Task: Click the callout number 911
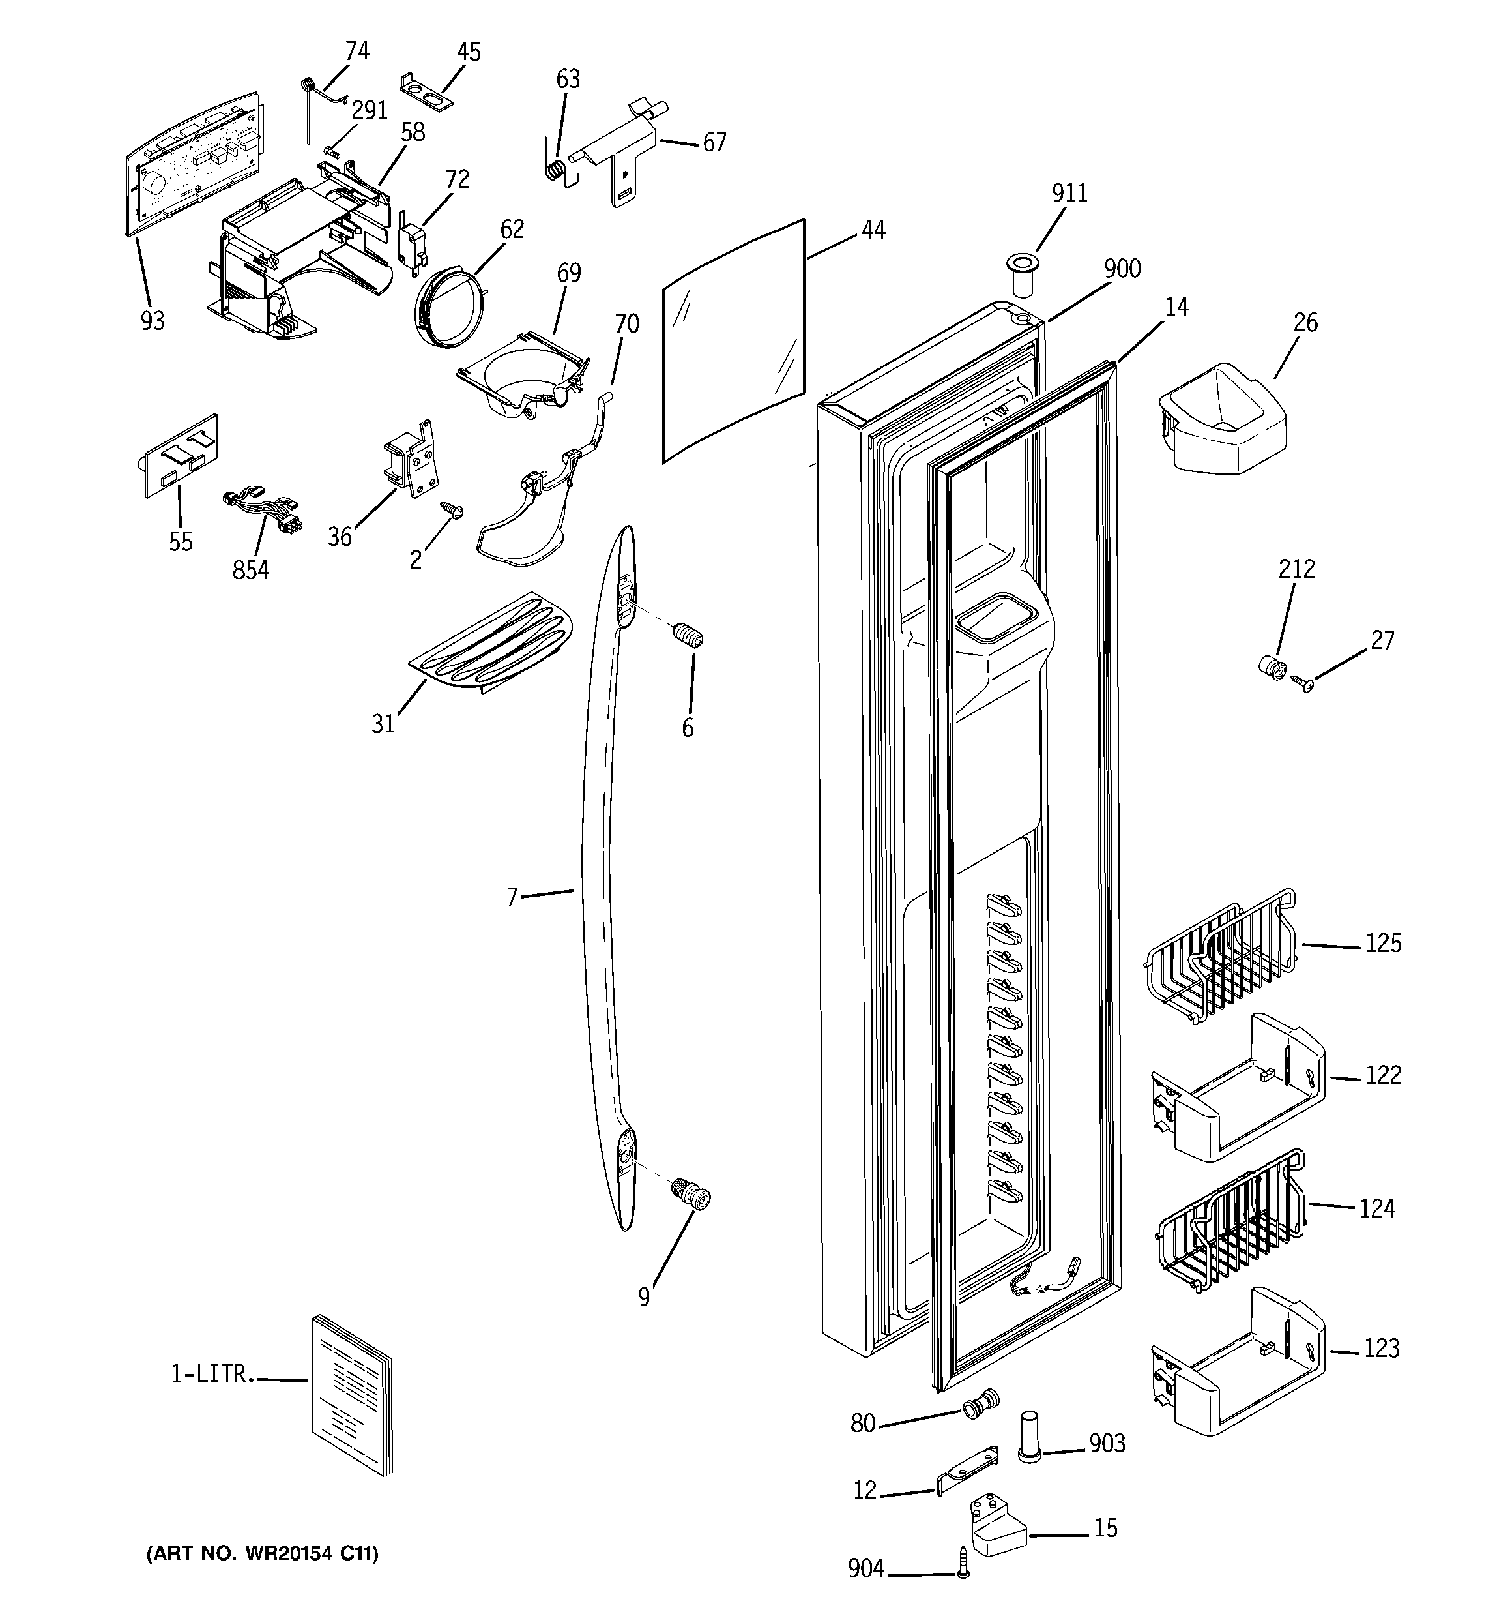tap(1069, 193)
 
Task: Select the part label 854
tap(250, 571)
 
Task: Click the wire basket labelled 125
tap(1217, 958)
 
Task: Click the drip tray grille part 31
tap(490, 643)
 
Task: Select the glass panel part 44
tap(734, 341)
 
